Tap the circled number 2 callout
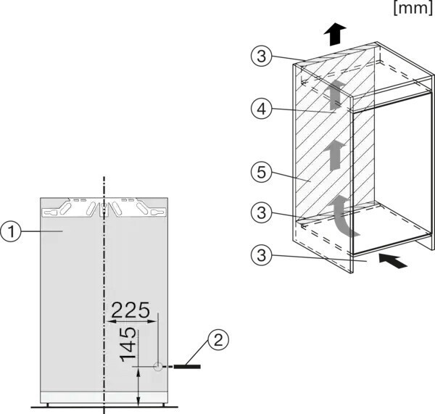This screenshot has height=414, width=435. tap(218, 339)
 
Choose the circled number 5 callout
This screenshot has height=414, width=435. tap(262, 175)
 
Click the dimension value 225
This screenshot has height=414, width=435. tap(130, 310)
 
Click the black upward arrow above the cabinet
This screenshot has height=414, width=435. tap(334, 33)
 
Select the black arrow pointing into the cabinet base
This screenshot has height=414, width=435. tap(392, 260)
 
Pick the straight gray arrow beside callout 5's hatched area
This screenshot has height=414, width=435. tap(334, 155)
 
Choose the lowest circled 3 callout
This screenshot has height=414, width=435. tap(262, 254)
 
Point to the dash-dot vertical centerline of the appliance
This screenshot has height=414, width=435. tap(104, 290)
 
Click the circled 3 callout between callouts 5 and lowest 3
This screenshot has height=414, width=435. tap(262, 215)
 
